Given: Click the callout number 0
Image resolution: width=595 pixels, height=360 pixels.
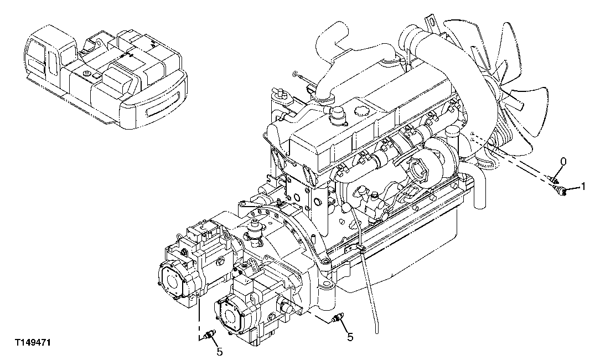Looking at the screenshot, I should pyautogui.click(x=563, y=162).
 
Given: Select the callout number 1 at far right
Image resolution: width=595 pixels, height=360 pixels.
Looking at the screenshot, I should pyautogui.click(x=583, y=187).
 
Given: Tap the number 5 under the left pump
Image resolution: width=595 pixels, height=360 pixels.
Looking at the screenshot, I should pyautogui.click(x=219, y=352).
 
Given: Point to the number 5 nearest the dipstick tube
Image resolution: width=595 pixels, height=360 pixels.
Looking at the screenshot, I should pyautogui.click(x=350, y=336).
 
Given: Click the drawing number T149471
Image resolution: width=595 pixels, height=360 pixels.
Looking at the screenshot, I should pyautogui.click(x=33, y=343).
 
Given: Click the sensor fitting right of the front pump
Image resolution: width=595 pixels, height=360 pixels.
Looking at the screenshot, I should pyautogui.click(x=338, y=318).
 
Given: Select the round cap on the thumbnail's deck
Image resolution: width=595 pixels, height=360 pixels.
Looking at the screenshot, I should pyautogui.click(x=87, y=72).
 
